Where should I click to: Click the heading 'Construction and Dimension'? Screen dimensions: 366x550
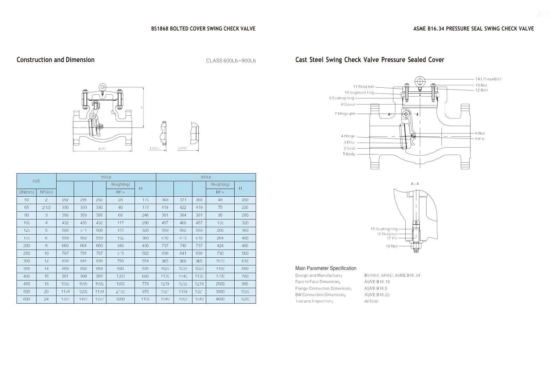[55, 60]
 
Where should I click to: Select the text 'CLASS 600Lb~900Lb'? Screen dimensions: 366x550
[231, 61]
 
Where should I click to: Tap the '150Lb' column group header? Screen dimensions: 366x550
[106, 177]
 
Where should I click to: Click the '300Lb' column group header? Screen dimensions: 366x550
[206, 177]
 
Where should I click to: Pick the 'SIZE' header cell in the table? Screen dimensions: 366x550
[36, 181]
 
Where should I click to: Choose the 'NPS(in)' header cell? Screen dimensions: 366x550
[46, 192]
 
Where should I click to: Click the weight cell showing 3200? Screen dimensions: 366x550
[120, 299]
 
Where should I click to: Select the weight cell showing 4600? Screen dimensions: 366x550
[220, 299]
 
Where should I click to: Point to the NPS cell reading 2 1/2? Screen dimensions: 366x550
[46, 208]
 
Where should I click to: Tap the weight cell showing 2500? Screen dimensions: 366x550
[220, 284]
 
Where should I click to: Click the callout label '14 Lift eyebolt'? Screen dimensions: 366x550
[488, 79]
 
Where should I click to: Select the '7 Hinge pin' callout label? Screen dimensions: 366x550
[345, 114]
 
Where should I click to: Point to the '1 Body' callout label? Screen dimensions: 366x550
[349, 154]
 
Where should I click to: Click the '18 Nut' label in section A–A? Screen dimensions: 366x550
[392, 246]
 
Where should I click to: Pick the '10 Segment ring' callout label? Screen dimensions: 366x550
[359, 93]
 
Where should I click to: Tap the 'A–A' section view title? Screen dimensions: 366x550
[415, 184]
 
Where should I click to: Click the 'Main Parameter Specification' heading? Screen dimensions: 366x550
[326, 268]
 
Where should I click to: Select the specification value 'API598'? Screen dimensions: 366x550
[371, 301]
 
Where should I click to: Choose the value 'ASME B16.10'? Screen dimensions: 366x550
[377, 282]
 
